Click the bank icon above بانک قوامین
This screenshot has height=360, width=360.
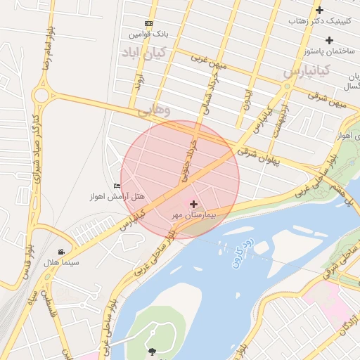point(148,23)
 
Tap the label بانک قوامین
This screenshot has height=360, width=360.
point(148,34)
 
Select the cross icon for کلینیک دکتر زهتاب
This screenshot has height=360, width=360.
point(320,11)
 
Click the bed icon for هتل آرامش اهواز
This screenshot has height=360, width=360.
point(117,186)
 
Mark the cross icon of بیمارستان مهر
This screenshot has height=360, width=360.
point(193,204)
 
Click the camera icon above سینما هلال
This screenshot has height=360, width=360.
point(62,252)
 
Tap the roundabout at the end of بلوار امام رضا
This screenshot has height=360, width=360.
point(42,94)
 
